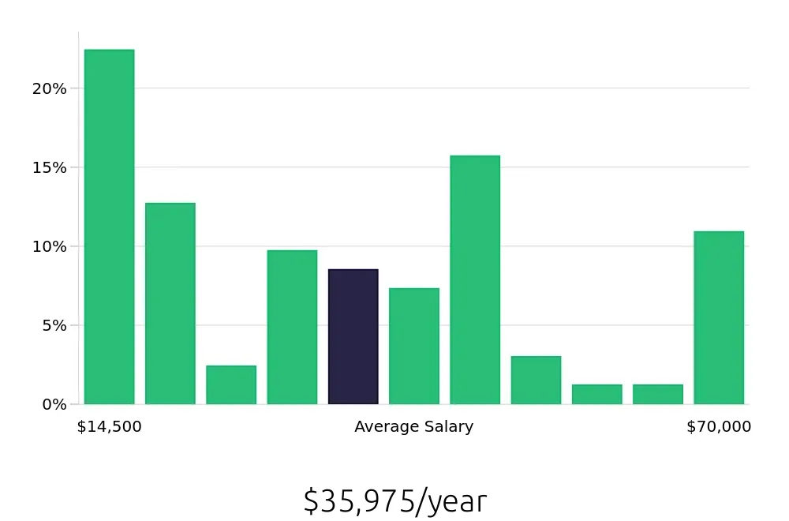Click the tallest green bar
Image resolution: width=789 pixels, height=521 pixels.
coord(109,227)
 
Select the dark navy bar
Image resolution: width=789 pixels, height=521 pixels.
coord(353,336)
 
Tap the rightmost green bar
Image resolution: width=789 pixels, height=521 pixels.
coord(719,317)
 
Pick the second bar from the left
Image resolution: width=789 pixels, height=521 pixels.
coord(170,303)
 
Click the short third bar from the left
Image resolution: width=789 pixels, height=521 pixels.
coord(231,384)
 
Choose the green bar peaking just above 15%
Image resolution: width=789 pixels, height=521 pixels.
coord(475,279)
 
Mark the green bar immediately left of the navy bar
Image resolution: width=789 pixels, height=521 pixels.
coord(292,327)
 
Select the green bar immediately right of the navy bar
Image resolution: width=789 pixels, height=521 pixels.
coord(413,346)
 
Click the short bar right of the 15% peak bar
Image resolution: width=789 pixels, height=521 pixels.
coord(536,380)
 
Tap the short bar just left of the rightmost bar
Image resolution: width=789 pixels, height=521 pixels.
coord(657,394)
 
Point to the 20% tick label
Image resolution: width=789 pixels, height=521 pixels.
coord(49,88)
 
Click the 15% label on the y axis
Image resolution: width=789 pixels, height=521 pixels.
coord(49,167)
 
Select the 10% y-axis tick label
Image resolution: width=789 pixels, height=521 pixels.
coord(49,246)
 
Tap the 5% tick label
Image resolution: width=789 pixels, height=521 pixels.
coord(54,325)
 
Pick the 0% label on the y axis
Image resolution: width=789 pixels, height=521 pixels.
coord(54,404)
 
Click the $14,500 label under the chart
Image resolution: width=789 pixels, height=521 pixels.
coord(109,427)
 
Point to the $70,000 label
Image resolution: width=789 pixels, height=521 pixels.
coord(719,427)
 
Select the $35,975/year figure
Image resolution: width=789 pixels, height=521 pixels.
coord(394,501)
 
